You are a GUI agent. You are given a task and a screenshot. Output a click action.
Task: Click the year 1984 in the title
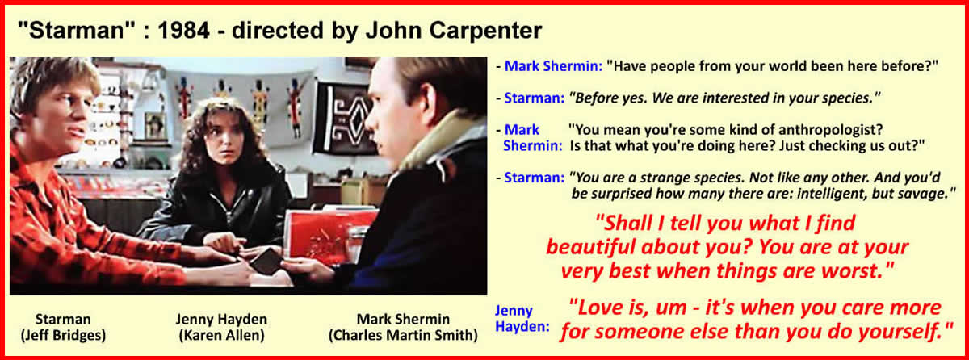pyautogui.click(x=183, y=30)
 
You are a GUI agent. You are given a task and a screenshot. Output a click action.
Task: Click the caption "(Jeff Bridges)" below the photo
pyautogui.click(x=63, y=335)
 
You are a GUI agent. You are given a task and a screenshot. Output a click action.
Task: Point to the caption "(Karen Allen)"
pyautogui.click(x=221, y=335)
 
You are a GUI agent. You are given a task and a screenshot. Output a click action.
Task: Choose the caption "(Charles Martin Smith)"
pyautogui.click(x=403, y=335)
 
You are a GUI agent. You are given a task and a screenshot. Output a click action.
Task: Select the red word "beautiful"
pyautogui.click(x=590, y=247)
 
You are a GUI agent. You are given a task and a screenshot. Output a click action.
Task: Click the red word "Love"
pyautogui.click(x=598, y=308)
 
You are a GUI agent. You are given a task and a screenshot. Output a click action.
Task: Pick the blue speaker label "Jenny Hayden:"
pyautogui.click(x=522, y=319)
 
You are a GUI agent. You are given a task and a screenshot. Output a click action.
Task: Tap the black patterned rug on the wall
pyautogui.click(x=346, y=118)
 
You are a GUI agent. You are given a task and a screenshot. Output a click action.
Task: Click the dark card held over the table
pyautogui.click(x=265, y=262)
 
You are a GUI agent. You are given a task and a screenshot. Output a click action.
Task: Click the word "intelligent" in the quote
pyautogui.click(x=832, y=194)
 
